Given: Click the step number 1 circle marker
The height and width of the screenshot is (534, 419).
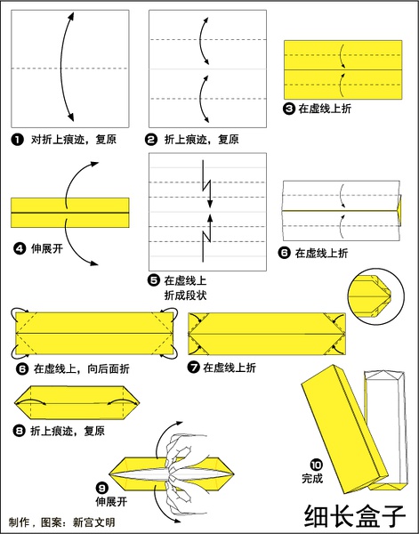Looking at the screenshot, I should [x=17, y=140].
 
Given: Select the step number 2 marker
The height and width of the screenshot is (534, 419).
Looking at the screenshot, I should [x=152, y=140].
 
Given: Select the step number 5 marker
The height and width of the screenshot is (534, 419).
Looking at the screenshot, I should [x=154, y=279].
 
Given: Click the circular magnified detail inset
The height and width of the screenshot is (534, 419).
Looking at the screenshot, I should [x=375, y=295].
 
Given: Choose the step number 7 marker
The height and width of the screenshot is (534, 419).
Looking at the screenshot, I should [x=192, y=367].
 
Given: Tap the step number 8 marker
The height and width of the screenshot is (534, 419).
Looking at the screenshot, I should [x=19, y=431].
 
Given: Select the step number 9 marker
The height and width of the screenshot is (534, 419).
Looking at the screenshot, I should [x=102, y=487].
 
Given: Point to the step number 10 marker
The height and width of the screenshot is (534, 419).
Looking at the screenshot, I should [x=316, y=464].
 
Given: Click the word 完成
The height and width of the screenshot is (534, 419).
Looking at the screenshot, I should [x=313, y=478].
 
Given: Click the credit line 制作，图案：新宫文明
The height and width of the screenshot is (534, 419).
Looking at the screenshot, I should [x=61, y=522].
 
